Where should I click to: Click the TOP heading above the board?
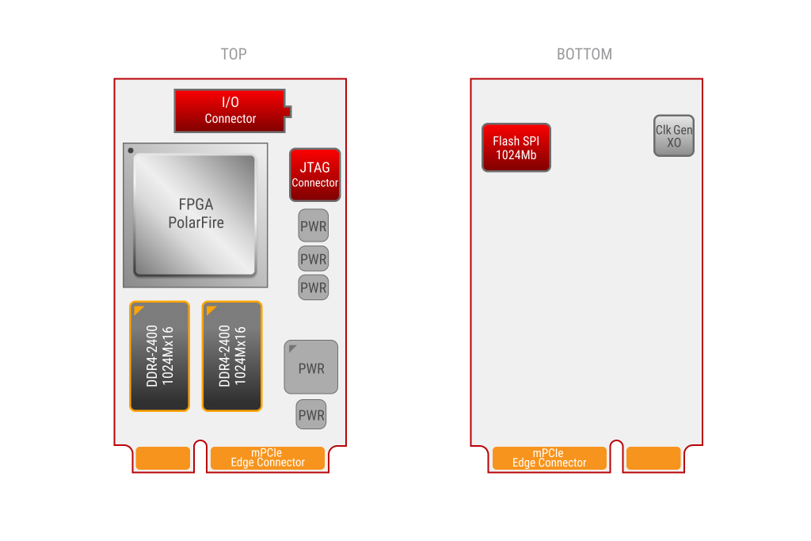234,54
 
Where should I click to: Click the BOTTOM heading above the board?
584,54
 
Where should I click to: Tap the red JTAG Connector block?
315,175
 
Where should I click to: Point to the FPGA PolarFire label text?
196,213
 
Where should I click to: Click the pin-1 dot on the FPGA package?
131,150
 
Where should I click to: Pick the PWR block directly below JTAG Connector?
314,226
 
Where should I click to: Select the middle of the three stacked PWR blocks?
314,258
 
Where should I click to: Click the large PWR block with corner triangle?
310,368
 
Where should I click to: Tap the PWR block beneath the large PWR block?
311,414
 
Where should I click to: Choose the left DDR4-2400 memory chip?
160,356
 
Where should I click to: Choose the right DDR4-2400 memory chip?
232,356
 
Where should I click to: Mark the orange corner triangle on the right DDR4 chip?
210,309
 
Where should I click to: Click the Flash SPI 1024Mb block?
516,148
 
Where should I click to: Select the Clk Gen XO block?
674,136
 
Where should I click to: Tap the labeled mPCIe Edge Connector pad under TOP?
268,459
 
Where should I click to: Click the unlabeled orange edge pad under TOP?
163,459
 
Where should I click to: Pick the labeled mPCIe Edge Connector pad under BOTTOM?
550,459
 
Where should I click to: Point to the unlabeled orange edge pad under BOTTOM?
653,459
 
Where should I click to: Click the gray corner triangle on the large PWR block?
291,348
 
